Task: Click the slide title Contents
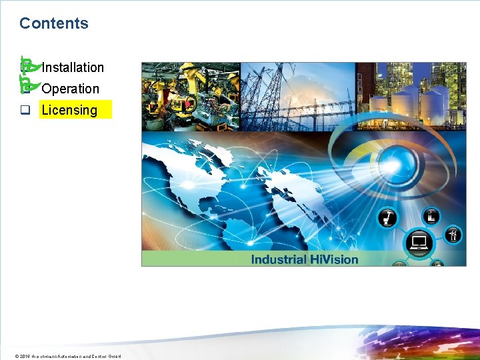point(53,23)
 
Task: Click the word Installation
point(73,67)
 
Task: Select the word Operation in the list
point(70,89)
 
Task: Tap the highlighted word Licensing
point(69,110)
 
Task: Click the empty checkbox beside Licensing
point(25,111)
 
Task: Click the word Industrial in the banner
point(279,259)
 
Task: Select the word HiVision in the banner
point(334,259)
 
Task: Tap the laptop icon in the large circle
point(420,243)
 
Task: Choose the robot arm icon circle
point(388,218)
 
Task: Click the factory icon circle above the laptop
point(431,215)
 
